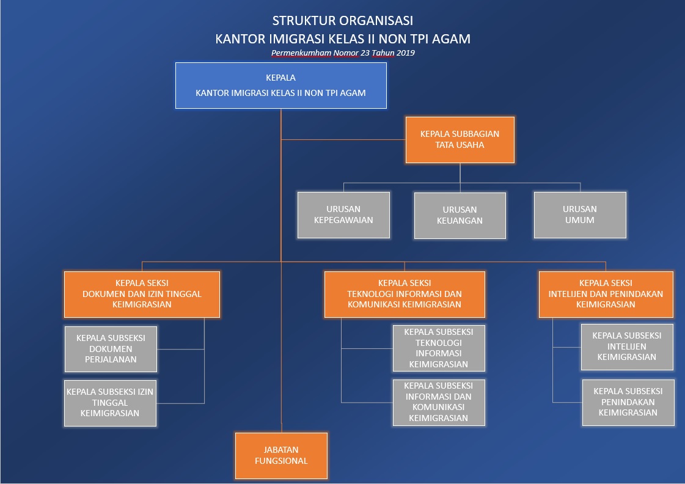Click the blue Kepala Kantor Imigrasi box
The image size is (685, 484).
281,86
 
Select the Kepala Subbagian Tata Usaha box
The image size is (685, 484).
460,140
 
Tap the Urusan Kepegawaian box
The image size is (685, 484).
344,215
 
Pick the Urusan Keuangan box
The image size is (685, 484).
460,215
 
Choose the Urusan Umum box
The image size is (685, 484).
580,215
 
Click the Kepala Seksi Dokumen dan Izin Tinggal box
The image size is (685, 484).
142,295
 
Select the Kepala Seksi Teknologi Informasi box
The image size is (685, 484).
405,295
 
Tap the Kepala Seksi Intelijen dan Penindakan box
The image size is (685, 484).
606,295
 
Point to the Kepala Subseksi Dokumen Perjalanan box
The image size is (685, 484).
111,349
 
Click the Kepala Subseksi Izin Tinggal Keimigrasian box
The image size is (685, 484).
110,403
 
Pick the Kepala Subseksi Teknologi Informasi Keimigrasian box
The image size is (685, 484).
439,348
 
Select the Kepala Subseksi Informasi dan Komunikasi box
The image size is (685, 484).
439,402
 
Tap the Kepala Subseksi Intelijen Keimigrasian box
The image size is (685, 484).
627,347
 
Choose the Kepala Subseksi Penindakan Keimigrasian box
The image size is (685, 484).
628,402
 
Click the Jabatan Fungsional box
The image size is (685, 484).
281,456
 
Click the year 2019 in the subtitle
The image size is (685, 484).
406,53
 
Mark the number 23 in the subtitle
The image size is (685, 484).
365,53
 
